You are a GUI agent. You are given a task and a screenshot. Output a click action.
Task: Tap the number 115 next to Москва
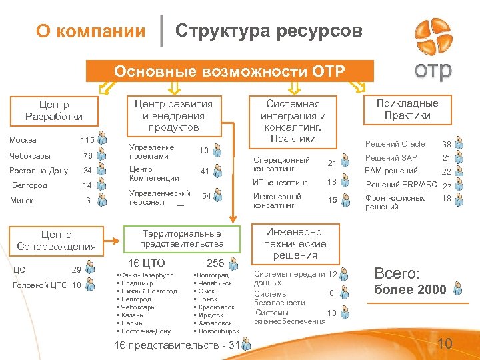pyautogui.click(x=87, y=140)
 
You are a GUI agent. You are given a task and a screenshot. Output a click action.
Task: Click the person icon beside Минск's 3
pyautogui.click(x=101, y=200)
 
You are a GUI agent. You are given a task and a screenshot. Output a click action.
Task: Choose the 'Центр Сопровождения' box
pyautogui.click(x=56, y=241)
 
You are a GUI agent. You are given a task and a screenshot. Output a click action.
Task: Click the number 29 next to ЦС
pyautogui.click(x=77, y=269)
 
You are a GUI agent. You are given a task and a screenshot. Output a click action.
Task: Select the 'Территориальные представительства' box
pyautogui.click(x=181, y=239)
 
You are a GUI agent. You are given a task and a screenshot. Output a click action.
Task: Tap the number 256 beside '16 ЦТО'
pyautogui.click(x=215, y=263)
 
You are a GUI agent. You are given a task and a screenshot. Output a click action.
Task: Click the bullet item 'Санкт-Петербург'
pyautogui.click(x=145, y=275)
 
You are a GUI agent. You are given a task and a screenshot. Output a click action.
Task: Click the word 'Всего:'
pyautogui.click(x=397, y=273)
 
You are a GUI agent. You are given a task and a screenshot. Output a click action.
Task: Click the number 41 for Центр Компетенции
pyautogui.click(x=205, y=172)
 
